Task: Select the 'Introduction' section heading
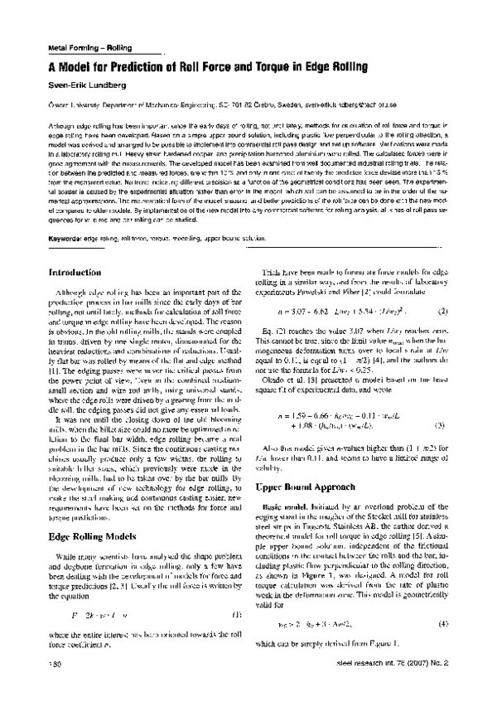pyautogui.click(x=75, y=272)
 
